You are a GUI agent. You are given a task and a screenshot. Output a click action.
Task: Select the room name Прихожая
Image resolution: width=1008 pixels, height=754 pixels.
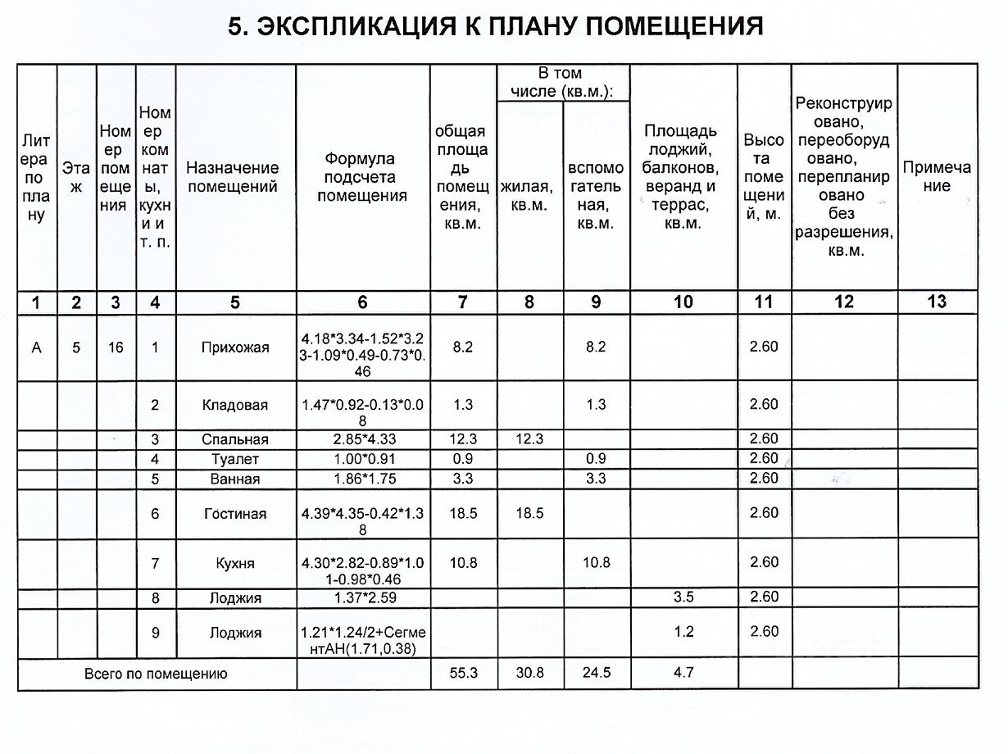pyautogui.click(x=235, y=347)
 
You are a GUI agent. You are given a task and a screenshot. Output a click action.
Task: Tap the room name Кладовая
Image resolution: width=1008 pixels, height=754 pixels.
pyautogui.click(x=235, y=405)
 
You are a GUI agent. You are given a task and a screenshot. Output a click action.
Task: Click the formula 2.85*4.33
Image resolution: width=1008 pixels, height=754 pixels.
pyautogui.click(x=362, y=439)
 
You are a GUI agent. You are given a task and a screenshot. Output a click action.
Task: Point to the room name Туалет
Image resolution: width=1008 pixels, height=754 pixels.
pyautogui.click(x=235, y=459)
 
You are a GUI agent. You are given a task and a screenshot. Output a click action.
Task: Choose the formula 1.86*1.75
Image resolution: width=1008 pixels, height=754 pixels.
pyautogui.click(x=362, y=479)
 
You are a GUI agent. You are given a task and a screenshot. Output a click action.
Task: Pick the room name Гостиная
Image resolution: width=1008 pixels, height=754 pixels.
pyautogui.click(x=235, y=514)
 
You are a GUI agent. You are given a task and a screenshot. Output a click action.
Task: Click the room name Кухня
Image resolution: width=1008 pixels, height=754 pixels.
pyautogui.click(x=235, y=564)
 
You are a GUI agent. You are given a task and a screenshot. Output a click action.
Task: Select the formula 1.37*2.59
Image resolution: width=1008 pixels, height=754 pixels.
pyautogui.click(x=362, y=598)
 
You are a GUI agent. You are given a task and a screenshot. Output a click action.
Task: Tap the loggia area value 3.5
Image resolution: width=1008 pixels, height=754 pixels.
pyautogui.click(x=683, y=597)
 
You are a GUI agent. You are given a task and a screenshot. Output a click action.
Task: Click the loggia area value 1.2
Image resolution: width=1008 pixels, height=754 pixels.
pyautogui.click(x=683, y=632)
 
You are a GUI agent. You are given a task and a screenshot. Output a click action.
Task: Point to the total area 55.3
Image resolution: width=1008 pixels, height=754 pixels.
pyautogui.click(x=463, y=674)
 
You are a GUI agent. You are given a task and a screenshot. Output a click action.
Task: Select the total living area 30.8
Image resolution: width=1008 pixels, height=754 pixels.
pyautogui.click(x=529, y=674)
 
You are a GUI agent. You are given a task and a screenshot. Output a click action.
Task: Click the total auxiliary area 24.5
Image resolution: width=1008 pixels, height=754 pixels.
pyautogui.click(x=596, y=674)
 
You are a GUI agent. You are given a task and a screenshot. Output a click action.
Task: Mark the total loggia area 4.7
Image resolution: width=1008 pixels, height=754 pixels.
pyautogui.click(x=683, y=674)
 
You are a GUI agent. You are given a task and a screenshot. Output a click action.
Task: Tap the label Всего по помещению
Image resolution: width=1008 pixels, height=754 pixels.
pyautogui.click(x=156, y=675)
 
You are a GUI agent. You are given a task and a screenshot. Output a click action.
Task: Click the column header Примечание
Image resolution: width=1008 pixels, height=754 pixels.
pyautogui.click(x=937, y=176)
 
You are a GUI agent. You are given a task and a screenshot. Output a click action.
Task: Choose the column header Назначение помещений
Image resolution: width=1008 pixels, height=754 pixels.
pyautogui.click(x=233, y=177)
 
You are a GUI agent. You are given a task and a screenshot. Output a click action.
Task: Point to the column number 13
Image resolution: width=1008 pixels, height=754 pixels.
pyautogui.click(x=937, y=302)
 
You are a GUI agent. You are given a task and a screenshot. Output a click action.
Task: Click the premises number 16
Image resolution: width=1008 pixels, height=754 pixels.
pyautogui.click(x=116, y=347)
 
